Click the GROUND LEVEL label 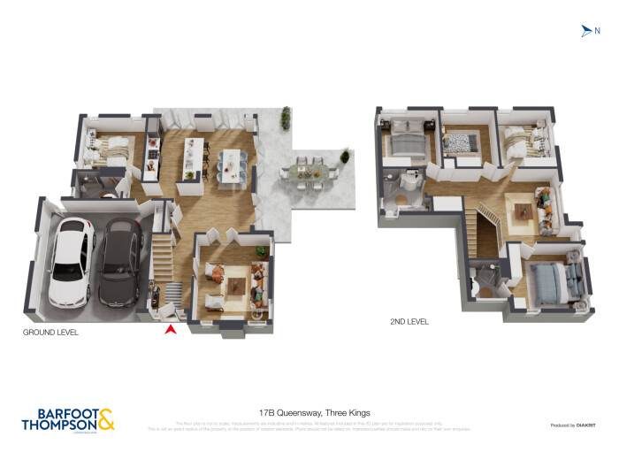tap(50, 333)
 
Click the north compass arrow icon tap(585, 31)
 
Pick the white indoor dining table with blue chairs tap(233, 165)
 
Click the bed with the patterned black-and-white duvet tap(460, 142)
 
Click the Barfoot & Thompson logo tap(67, 418)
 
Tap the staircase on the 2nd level tap(489, 228)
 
